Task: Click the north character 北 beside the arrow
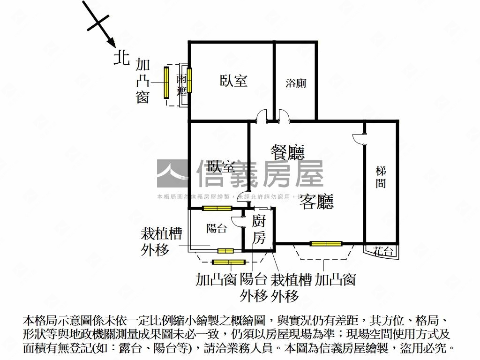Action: (122, 58)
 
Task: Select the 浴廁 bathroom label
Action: (296, 83)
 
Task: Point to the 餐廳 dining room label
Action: (287, 152)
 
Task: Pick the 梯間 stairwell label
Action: (381, 177)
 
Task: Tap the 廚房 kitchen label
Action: (259, 229)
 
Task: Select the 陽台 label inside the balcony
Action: (217, 229)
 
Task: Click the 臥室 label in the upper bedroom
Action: (233, 81)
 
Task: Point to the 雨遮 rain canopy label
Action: (182, 84)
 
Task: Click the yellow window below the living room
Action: (326, 243)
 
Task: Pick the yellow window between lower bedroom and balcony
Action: (217, 208)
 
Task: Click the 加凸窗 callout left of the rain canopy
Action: (142, 81)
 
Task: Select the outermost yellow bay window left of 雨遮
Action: (166, 82)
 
